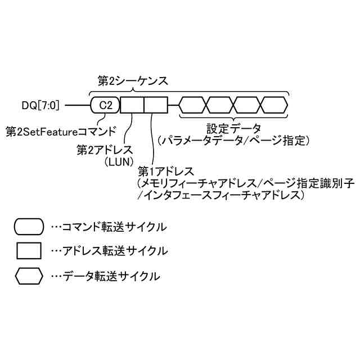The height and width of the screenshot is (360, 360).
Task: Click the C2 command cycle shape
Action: [105, 105]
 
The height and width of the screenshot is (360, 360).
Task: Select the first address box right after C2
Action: [132, 105]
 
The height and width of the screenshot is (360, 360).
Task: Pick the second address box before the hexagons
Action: [156, 105]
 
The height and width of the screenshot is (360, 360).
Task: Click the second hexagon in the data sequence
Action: [221, 105]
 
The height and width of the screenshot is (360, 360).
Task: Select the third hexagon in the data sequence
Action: [248, 105]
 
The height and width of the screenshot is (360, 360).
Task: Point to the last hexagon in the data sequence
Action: [274, 105]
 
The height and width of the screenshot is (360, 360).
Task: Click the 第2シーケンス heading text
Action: [133, 80]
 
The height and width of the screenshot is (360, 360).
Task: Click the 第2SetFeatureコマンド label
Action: [61, 132]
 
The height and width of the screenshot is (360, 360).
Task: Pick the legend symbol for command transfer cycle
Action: [29, 227]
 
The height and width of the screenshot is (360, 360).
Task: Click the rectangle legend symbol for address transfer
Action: [29, 250]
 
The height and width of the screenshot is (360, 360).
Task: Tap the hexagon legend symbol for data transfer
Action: [29, 276]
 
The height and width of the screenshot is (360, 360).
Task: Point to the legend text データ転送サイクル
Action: [105, 276]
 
